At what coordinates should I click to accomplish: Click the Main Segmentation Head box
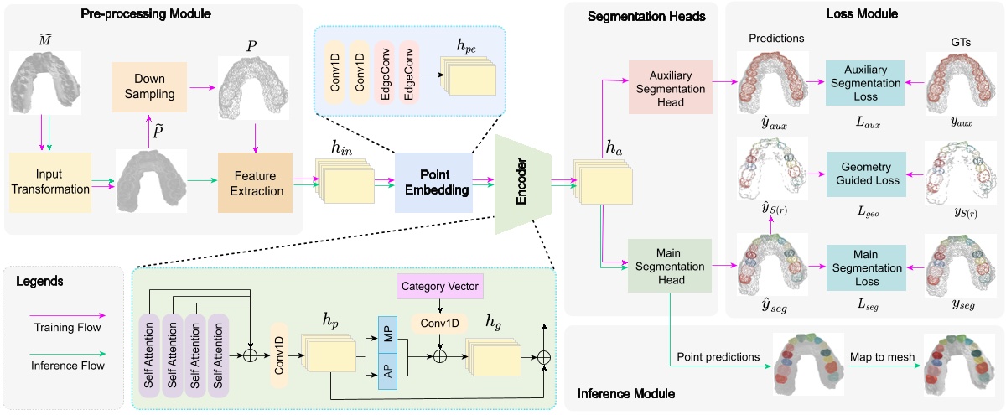(669, 264)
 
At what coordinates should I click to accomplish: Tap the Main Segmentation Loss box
(866, 264)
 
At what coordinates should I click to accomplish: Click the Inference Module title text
(626, 392)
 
